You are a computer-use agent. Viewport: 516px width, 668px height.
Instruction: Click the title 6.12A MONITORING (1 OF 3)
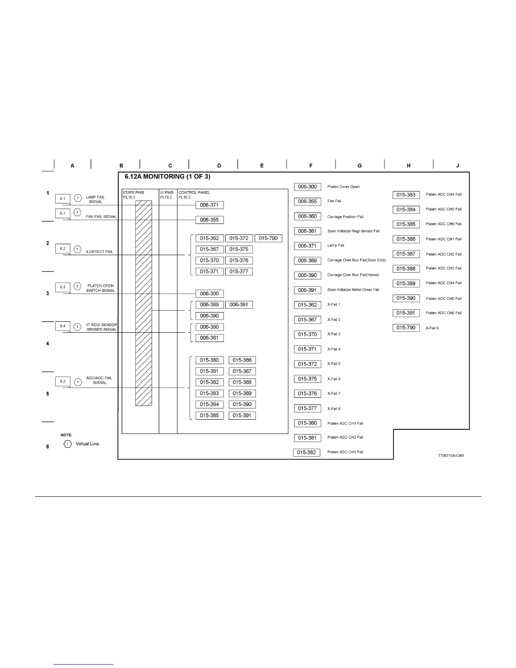pos(167,177)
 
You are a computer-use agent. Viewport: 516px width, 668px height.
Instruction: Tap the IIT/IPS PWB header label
pos(133,192)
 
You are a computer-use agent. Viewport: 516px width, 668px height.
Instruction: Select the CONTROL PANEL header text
pos(194,192)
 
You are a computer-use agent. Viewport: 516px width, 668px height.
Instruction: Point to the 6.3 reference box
pos(62,287)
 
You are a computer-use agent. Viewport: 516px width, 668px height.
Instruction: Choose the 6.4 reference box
pos(62,326)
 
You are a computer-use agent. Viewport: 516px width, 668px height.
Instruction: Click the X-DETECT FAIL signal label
pos(99,252)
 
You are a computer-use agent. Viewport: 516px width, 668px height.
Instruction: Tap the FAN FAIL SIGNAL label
pos(102,217)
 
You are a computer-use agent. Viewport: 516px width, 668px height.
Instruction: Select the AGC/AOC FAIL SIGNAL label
pos(99,380)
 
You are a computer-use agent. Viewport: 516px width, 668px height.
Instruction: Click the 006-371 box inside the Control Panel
pos(210,205)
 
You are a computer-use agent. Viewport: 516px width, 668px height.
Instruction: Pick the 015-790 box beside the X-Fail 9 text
pos(406,328)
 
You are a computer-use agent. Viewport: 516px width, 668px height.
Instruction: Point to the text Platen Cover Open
pos(344,187)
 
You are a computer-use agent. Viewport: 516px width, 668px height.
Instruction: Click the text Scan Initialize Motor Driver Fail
pos(353,290)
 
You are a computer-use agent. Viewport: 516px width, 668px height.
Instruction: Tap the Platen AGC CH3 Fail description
pos(345,452)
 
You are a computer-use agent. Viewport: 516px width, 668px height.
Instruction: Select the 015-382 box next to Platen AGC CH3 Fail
pos(306,453)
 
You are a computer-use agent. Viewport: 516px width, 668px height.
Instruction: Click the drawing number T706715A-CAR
pos(451,455)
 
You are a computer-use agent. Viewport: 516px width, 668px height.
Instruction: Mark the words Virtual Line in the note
pos(88,444)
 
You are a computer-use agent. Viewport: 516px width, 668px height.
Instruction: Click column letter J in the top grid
pos(457,166)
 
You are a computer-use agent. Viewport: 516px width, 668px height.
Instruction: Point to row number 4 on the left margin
pos(48,344)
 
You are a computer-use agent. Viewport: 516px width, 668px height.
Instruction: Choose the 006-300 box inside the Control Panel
pos(210,294)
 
